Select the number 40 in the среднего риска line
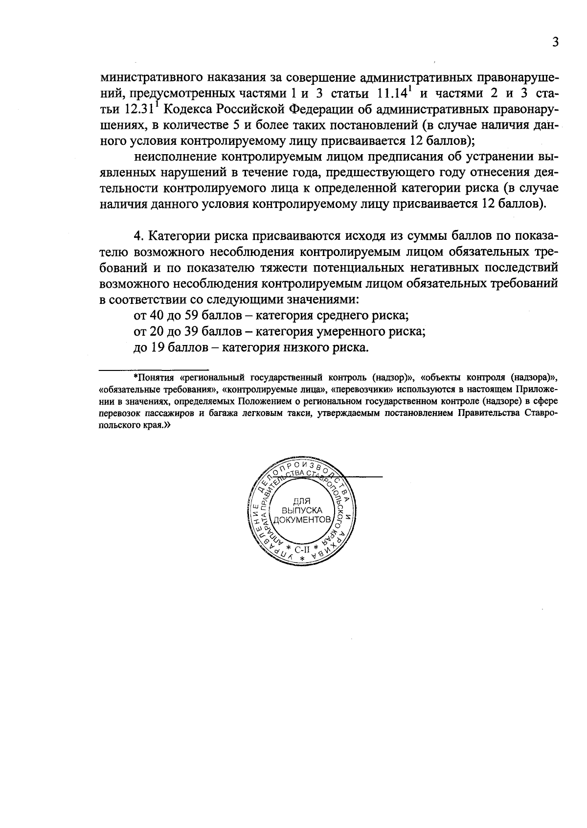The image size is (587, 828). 157,316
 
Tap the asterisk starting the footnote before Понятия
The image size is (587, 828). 136,377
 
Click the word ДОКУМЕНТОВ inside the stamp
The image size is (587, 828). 302,519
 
